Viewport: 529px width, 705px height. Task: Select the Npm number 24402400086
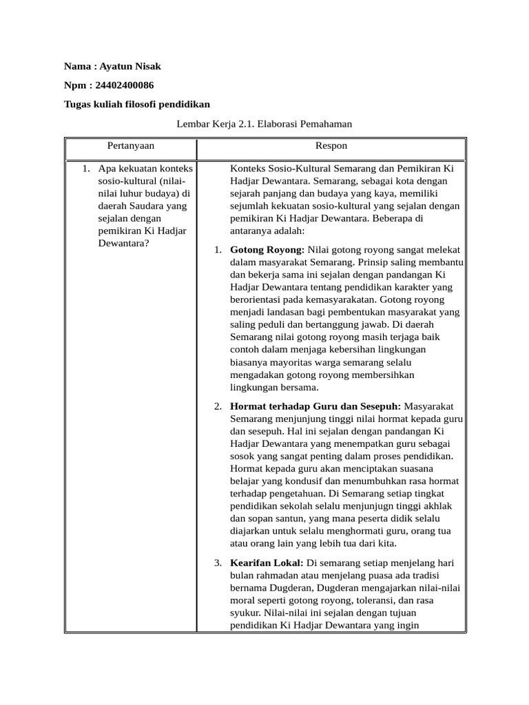click(123, 85)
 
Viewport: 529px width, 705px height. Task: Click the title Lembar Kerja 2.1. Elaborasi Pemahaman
click(264, 124)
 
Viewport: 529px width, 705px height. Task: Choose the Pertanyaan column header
click(131, 146)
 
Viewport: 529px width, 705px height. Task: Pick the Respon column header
click(331, 146)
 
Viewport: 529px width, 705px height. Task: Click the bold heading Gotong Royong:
click(267, 250)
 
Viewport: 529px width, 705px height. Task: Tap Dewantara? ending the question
click(124, 243)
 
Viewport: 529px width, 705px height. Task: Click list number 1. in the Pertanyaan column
click(86, 169)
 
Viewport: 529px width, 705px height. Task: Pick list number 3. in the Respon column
click(218, 562)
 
